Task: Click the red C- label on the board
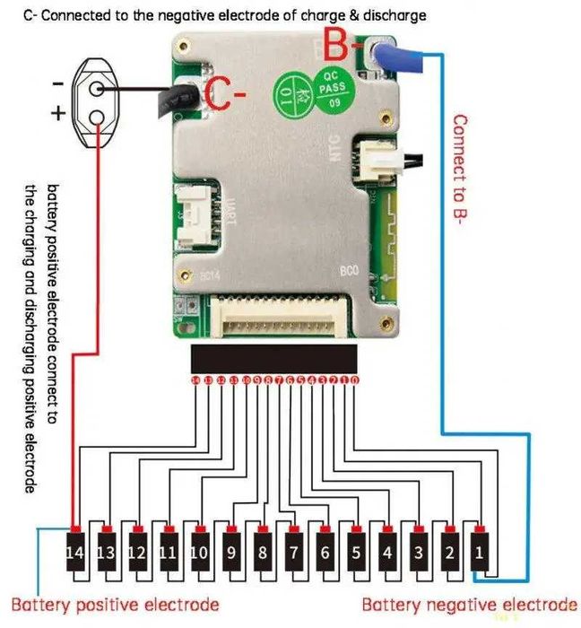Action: click(223, 92)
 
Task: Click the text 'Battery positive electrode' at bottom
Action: click(115, 604)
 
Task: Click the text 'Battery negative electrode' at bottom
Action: click(469, 604)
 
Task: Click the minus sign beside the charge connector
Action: click(56, 83)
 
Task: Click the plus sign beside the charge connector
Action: click(56, 115)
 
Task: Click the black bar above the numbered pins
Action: click(273, 358)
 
